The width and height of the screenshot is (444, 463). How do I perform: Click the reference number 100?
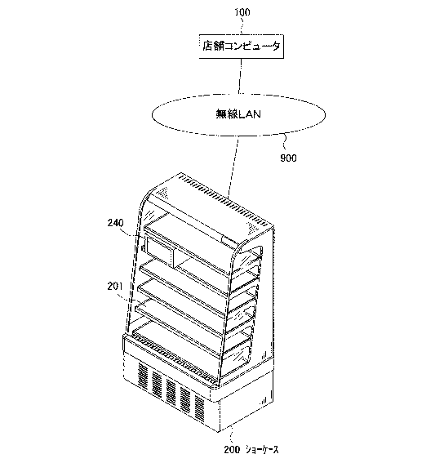242,12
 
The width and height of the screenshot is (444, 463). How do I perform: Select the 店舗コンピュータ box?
242,47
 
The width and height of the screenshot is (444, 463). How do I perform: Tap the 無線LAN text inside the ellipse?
238,114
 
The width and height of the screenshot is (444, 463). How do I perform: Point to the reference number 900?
288,158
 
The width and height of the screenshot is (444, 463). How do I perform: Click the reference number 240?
115,223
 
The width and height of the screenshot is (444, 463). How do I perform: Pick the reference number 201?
115,286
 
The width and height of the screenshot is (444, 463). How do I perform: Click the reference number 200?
232,450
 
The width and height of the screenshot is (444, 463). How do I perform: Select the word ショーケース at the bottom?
262,450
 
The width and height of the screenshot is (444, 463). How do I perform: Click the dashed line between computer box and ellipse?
240,76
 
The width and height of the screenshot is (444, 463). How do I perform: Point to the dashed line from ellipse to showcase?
233,167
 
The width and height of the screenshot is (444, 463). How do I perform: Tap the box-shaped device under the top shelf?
158,251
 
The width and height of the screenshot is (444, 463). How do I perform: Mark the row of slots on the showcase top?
224,201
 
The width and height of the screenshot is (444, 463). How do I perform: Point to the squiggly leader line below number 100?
242,25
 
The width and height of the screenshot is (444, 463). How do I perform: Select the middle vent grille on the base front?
171,391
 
